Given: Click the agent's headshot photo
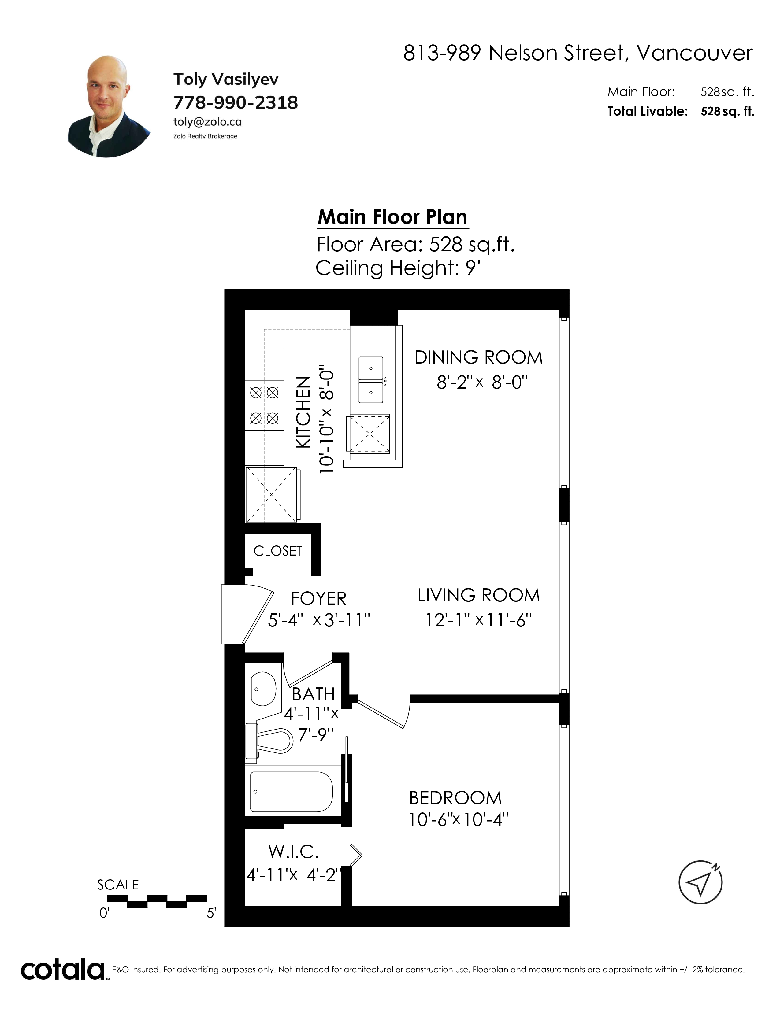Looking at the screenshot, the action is [109, 107].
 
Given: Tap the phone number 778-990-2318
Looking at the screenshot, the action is [236, 102].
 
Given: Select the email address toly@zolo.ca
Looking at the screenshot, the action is [207, 122].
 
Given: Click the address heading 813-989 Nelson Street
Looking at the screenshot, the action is [513, 53].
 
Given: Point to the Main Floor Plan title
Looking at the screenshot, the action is [393, 217].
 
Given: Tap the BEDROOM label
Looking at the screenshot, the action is [455, 798].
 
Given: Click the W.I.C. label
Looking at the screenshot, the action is [293, 852].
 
